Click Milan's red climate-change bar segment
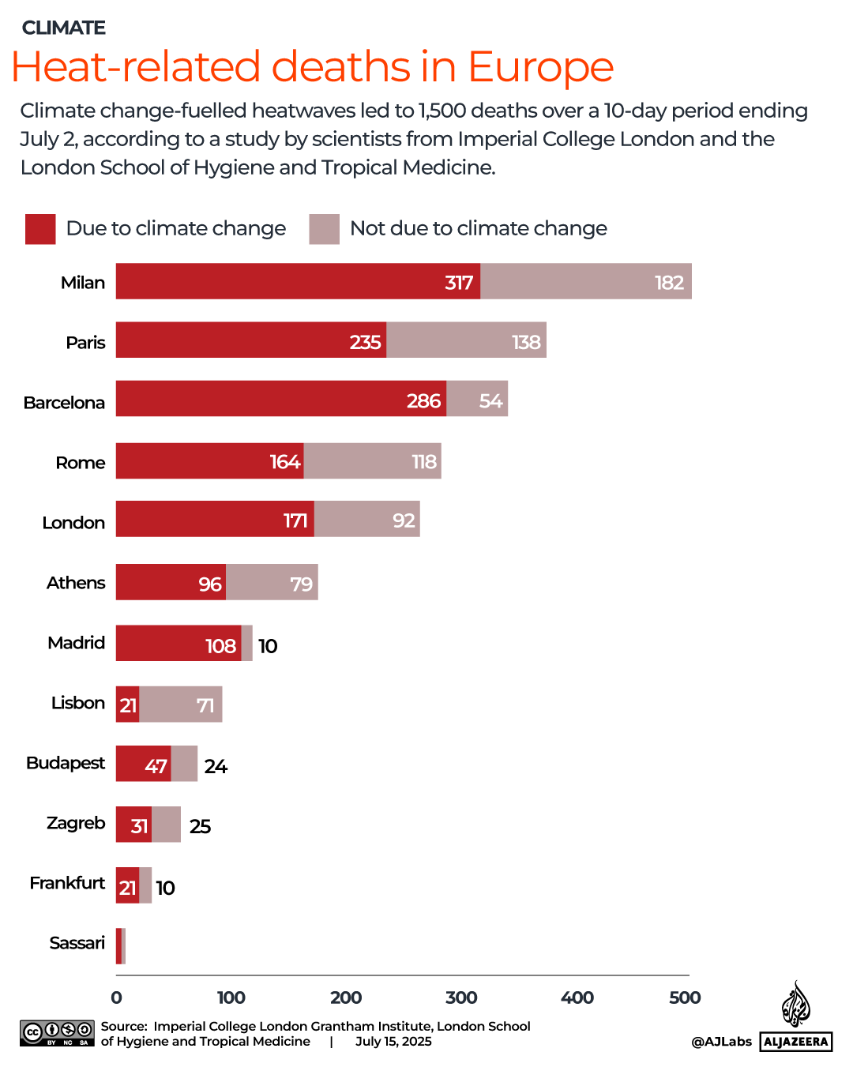pos(298,281)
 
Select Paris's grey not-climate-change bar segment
pos(466,340)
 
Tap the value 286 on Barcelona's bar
pos(423,400)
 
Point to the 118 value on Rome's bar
pos(424,461)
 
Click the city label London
pos(73,522)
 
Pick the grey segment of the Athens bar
pos(272,582)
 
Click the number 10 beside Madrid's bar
pos(268,646)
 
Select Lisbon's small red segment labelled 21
pos(127,704)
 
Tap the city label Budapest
pos(66,763)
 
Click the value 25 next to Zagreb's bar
pos(200,826)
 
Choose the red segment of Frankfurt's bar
pos(127,885)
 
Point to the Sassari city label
pos(77,943)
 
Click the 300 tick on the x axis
pos(461,997)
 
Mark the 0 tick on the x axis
pos(117,997)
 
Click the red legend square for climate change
pos(40,229)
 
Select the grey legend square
pos(324,229)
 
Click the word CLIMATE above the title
pos(63,28)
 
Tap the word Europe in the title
pos(540,67)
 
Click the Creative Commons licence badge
pos(57,1033)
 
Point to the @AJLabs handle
pos(721,1042)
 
